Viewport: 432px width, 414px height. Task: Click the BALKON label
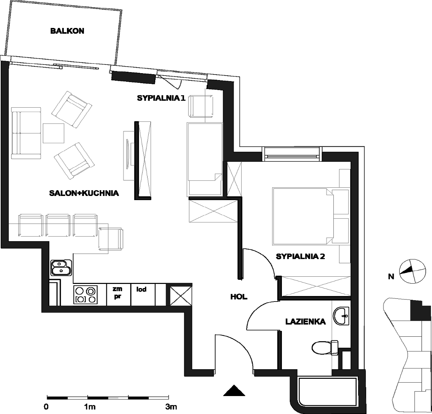(67, 31)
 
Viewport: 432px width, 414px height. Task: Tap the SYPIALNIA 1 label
(161, 98)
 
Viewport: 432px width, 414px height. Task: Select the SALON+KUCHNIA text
(84, 193)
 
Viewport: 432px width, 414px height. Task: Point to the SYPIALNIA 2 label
(300, 256)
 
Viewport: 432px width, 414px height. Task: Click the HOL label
(239, 297)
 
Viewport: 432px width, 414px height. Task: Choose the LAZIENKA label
(305, 322)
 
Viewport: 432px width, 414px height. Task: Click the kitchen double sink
(61, 268)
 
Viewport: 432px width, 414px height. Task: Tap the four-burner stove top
(86, 295)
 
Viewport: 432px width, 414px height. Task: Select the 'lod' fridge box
(143, 294)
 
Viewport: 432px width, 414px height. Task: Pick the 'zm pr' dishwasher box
(119, 294)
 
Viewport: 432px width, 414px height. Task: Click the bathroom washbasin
(341, 316)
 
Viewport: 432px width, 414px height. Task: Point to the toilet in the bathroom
(325, 347)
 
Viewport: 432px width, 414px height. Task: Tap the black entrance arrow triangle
(234, 391)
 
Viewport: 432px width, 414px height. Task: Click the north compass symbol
(412, 271)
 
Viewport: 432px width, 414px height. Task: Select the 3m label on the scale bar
(171, 407)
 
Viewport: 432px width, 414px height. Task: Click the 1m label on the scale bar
(90, 407)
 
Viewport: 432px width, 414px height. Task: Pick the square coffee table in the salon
(53, 133)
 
